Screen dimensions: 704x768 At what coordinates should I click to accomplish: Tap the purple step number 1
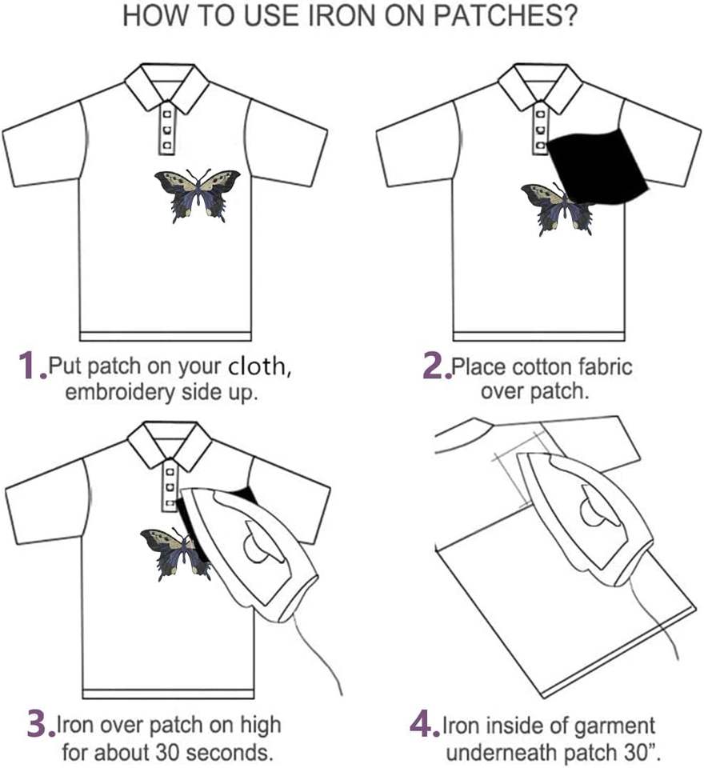pos(30,366)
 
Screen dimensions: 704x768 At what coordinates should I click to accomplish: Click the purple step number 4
pos(423,723)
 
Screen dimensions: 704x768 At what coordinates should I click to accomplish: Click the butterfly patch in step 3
pos(171,552)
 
